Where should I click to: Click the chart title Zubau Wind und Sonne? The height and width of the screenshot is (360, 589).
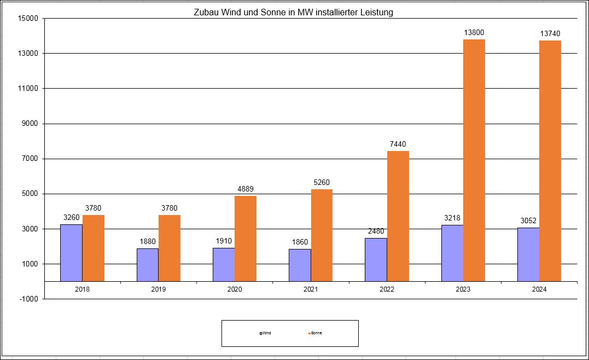click(x=293, y=12)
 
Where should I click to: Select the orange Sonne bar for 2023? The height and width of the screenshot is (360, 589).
click(x=474, y=160)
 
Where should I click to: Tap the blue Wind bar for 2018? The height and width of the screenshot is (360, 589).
click(x=72, y=253)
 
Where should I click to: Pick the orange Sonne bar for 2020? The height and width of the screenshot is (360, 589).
click(x=246, y=239)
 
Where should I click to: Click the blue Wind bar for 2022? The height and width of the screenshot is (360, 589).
click(x=376, y=260)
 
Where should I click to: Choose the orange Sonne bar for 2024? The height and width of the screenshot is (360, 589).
click(x=550, y=160)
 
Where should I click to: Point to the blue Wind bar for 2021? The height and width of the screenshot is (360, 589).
click(x=300, y=265)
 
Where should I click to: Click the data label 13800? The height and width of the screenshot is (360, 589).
click(x=474, y=33)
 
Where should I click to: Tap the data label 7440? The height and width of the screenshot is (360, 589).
click(x=398, y=144)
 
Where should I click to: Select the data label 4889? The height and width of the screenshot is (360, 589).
click(x=246, y=189)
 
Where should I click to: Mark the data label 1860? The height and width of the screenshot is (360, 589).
click(x=300, y=242)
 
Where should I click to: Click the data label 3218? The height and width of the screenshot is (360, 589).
click(x=452, y=218)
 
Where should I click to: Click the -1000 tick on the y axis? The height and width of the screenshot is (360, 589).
click(x=28, y=299)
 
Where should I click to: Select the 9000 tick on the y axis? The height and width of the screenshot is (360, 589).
click(x=30, y=124)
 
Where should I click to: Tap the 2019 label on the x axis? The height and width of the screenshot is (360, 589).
click(x=159, y=289)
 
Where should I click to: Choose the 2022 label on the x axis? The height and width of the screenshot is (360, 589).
click(x=387, y=289)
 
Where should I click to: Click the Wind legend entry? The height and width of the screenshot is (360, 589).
click(x=265, y=333)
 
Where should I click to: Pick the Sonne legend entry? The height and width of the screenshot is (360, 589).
click(x=315, y=333)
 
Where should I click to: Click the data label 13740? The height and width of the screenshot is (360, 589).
click(x=550, y=34)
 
